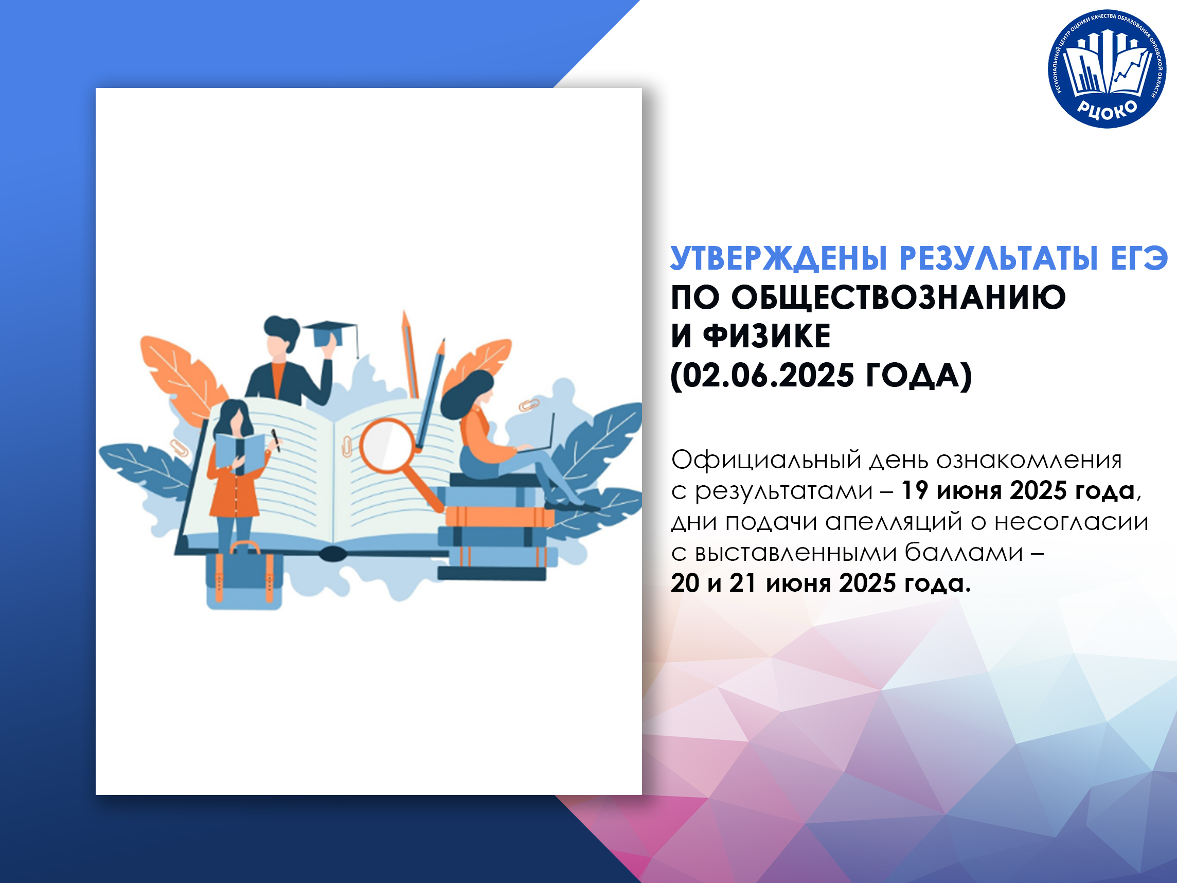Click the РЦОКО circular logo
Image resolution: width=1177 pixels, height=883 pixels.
click(x=1107, y=68)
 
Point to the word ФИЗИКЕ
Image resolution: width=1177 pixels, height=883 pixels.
click(x=767, y=336)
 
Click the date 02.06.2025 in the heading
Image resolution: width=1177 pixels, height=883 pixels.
click(x=768, y=375)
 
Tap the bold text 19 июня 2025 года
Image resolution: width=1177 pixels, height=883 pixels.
click(x=1018, y=491)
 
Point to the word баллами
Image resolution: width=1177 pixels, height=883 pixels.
click(x=964, y=553)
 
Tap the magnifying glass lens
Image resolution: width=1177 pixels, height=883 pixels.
click(x=386, y=445)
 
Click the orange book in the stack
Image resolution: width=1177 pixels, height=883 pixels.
click(x=500, y=516)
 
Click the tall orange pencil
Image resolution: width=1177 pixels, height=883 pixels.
click(x=409, y=354)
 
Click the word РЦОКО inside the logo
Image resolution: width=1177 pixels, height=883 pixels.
click(x=1107, y=109)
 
